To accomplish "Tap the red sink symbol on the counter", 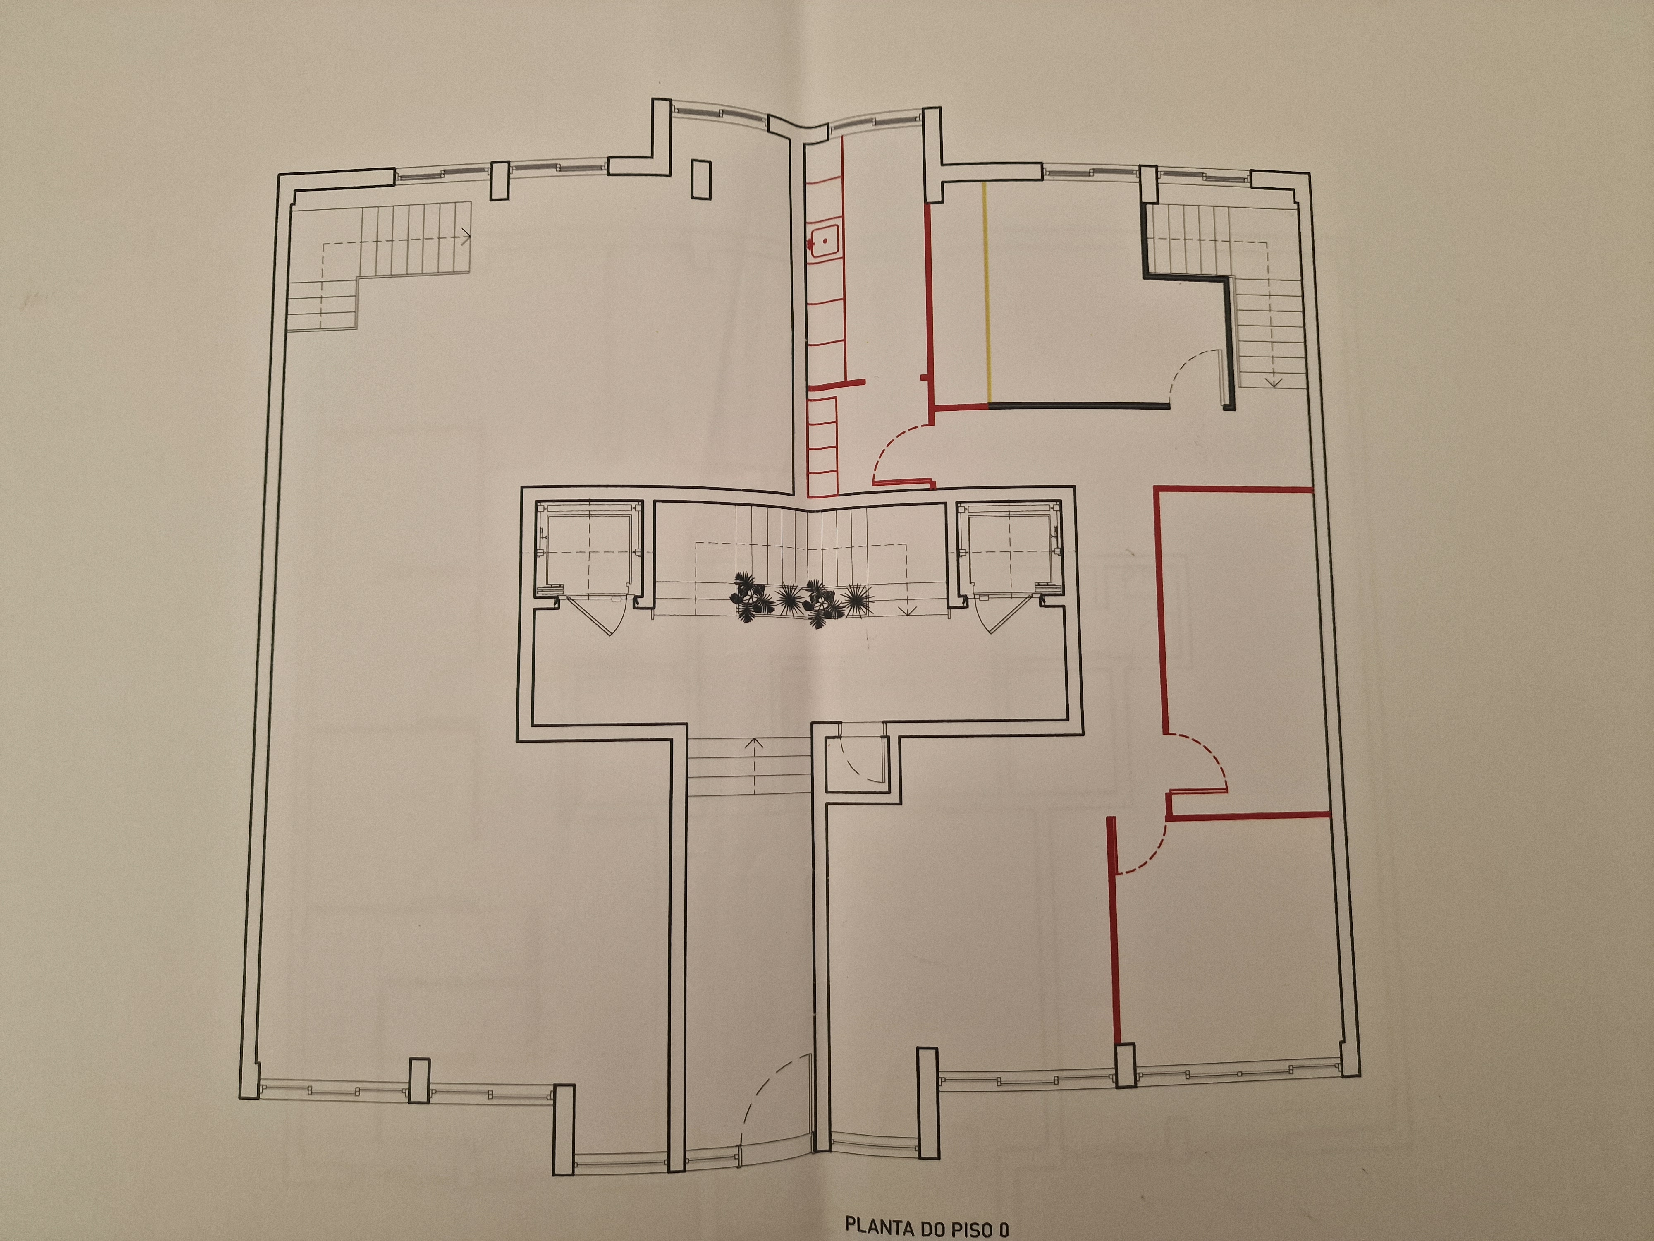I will click(x=823, y=242).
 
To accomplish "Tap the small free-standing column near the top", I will click(x=700, y=180).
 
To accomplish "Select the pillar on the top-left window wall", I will click(x=500, y=180).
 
